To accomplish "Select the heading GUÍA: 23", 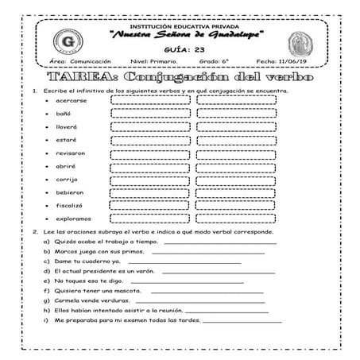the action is pyautogui.click(x=180, y=48).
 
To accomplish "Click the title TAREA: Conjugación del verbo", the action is pyautogui.click(x=180, y=78).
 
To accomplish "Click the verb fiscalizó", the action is pyautogui.click(x=70, y=204).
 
